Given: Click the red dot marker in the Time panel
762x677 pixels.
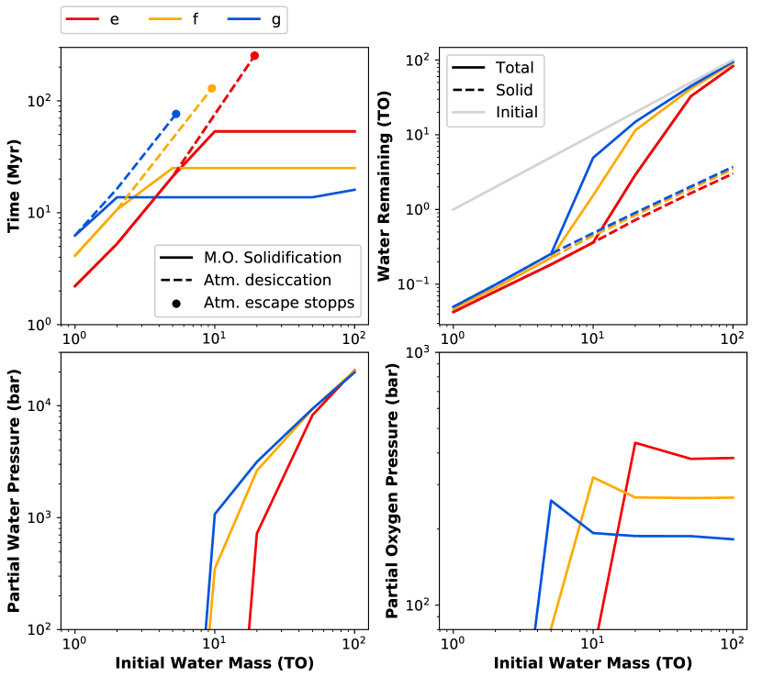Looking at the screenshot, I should [x=254, y=56].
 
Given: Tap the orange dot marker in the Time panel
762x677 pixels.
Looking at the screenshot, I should [x=212, y=88].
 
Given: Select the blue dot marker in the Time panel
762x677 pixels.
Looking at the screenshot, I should [x=175, y=114].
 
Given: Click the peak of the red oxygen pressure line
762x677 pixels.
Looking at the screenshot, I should [x=635, y=443].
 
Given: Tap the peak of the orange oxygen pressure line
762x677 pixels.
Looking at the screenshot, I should [x=593, y=477].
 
